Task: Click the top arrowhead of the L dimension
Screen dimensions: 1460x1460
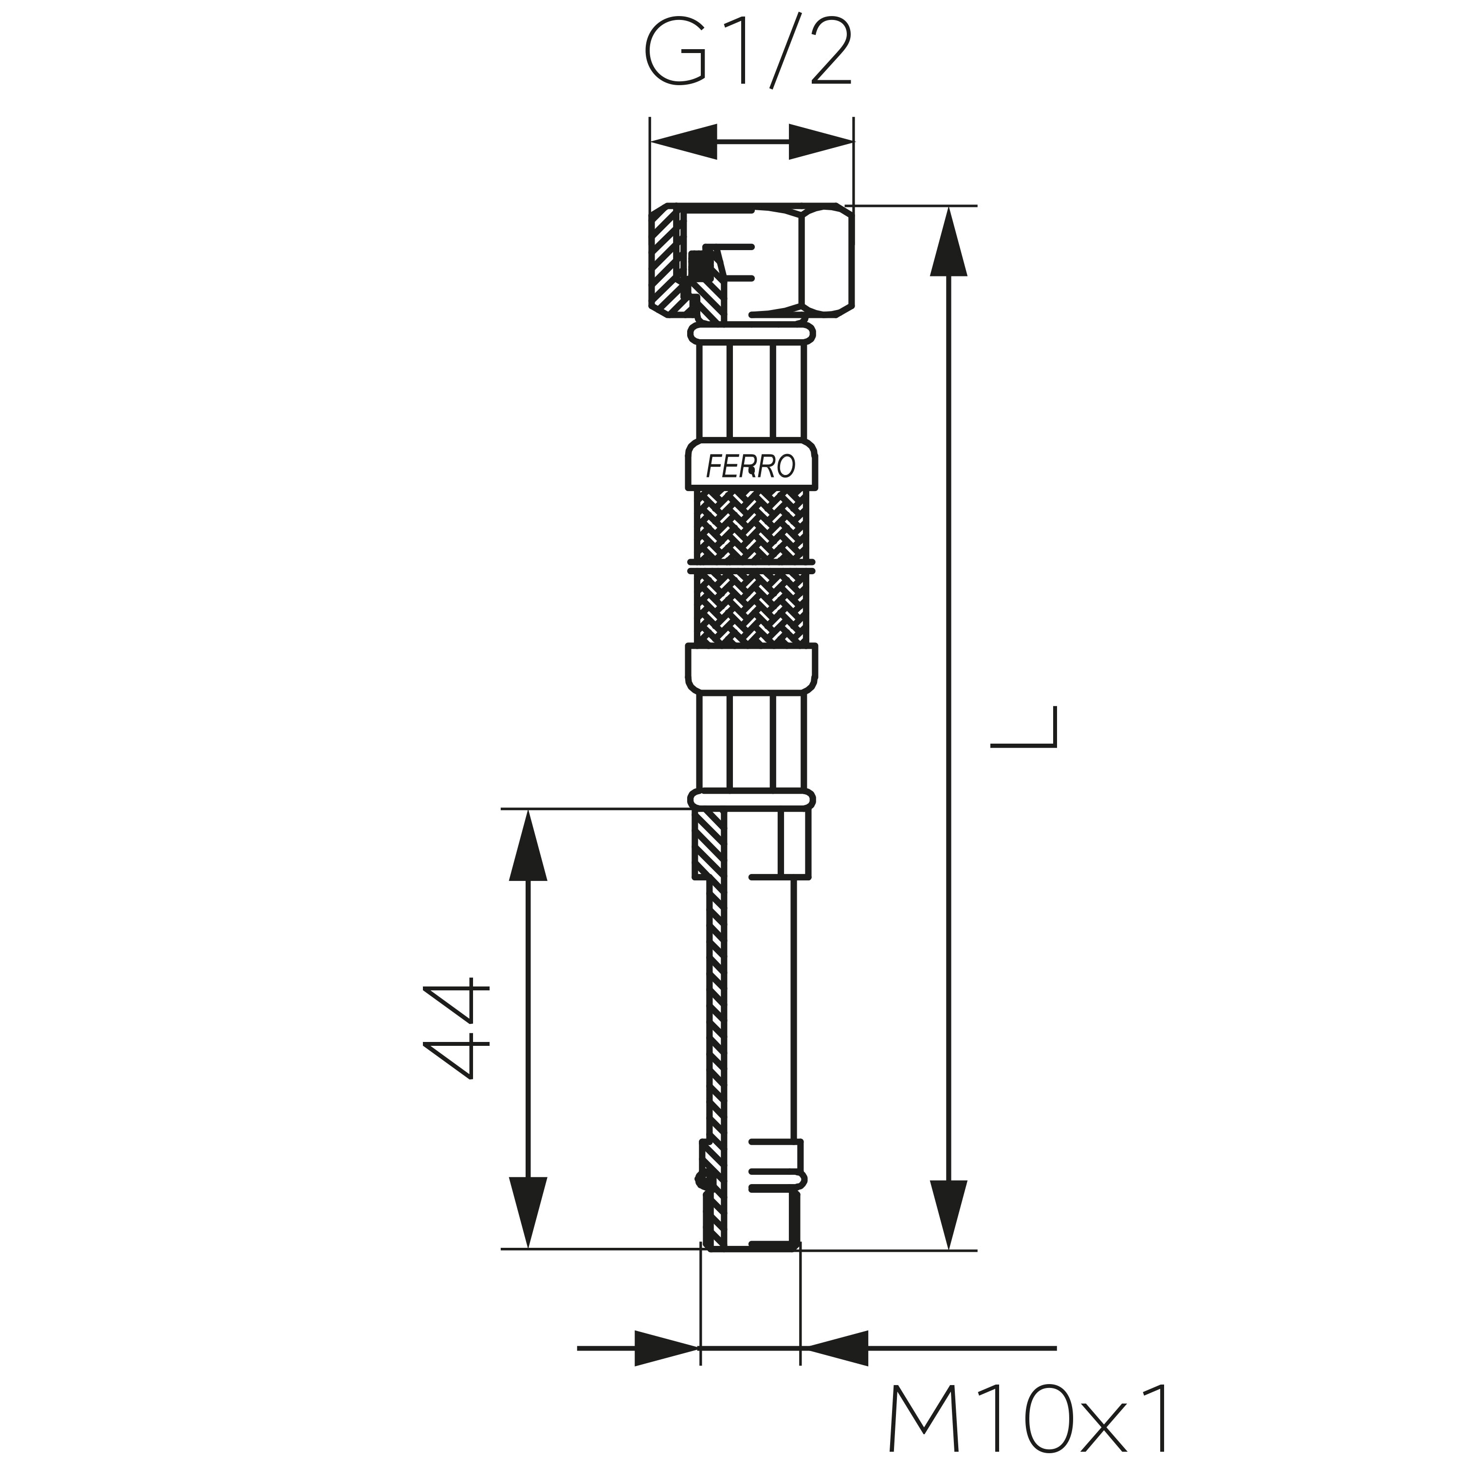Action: click(949, 241)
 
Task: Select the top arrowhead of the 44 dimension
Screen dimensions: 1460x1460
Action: click(528, 845)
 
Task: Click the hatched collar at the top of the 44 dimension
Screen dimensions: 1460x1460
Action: click(709, 844)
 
